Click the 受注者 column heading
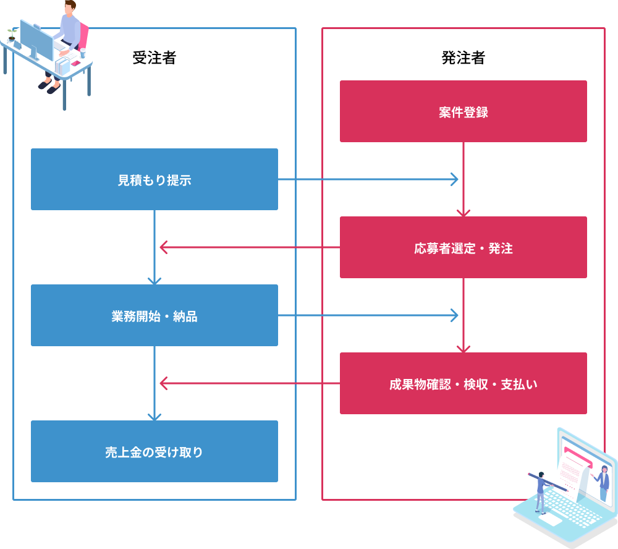click(x=154, y=58)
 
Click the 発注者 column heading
click(x=463, y=58)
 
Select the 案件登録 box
click(x=463, y=111)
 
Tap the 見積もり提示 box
click(x=154, y=179)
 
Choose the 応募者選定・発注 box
click(x=463, y=247)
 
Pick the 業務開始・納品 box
click(x=154, y=315)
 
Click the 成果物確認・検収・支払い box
click(x=463, y=383)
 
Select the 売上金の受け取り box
click(x=154, y=451)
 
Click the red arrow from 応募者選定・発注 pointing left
click(x=247, y=247)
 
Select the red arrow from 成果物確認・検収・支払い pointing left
click(x=247, y=383)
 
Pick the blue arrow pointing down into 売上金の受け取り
click(x=154, y=383)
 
